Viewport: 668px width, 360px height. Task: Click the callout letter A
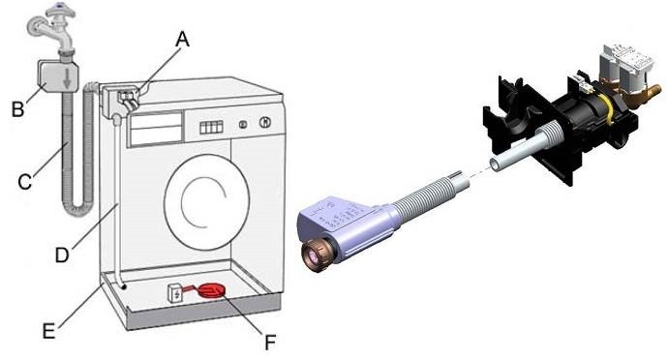click(182, 40)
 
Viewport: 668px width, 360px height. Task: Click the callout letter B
click(17, 109)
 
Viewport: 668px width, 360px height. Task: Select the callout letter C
click(25, 182)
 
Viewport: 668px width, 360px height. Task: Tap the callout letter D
click(62, 255)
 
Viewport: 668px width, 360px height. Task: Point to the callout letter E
click(49, 331)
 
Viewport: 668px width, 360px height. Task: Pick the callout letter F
click(270, 342)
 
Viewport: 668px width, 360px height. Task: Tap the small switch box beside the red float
click(175, 292)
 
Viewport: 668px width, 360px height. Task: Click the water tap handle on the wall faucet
click(61, 11)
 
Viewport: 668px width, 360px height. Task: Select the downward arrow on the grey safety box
click(67, 78)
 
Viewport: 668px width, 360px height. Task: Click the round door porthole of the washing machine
click(206, 203)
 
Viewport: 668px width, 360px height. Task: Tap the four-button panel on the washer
click(211, 127)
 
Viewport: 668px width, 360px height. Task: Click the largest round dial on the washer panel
click(265, 122)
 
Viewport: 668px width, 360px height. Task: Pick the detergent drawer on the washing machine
click(156, 128)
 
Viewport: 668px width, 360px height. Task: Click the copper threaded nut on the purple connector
click(317, 256)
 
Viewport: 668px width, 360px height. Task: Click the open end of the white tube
click(495, 164)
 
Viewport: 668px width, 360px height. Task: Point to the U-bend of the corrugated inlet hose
click(79, 209)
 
